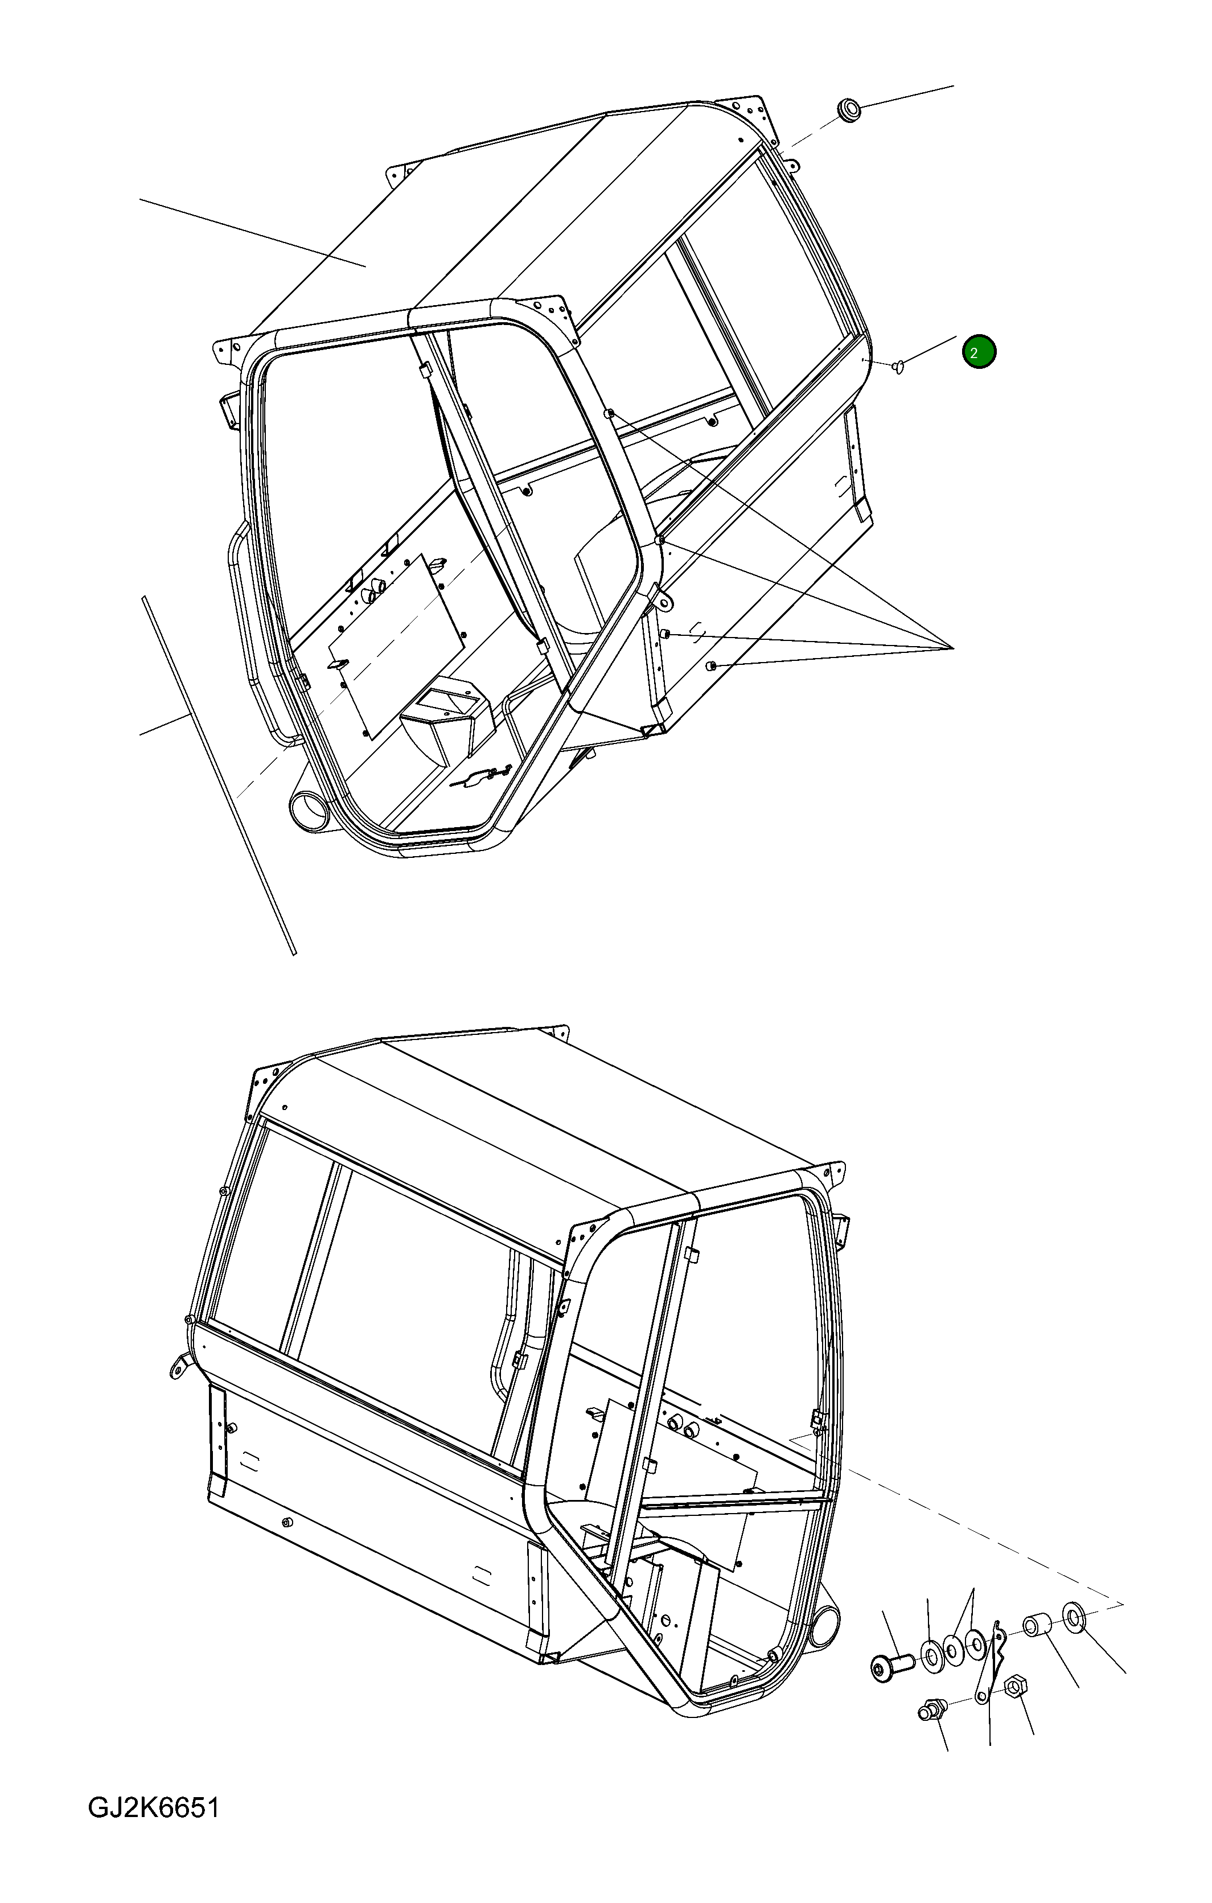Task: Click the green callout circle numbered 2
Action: click(x=979, y=352)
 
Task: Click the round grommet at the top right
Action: click(x=849, y=110)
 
